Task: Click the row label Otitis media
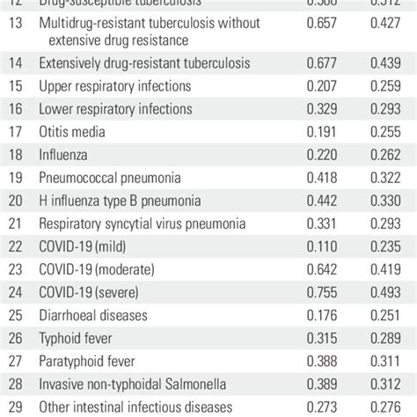pos(73,131)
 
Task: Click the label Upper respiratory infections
pos(115,85)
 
